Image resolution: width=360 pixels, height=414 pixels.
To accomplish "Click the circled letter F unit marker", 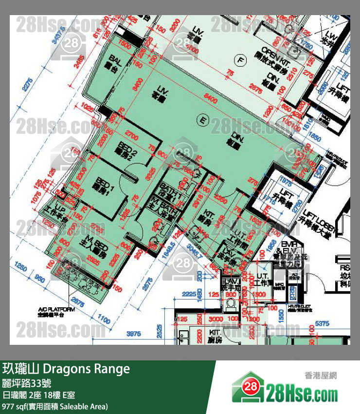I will click(238, 60).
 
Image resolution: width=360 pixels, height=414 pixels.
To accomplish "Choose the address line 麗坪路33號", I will click(26, 383).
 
